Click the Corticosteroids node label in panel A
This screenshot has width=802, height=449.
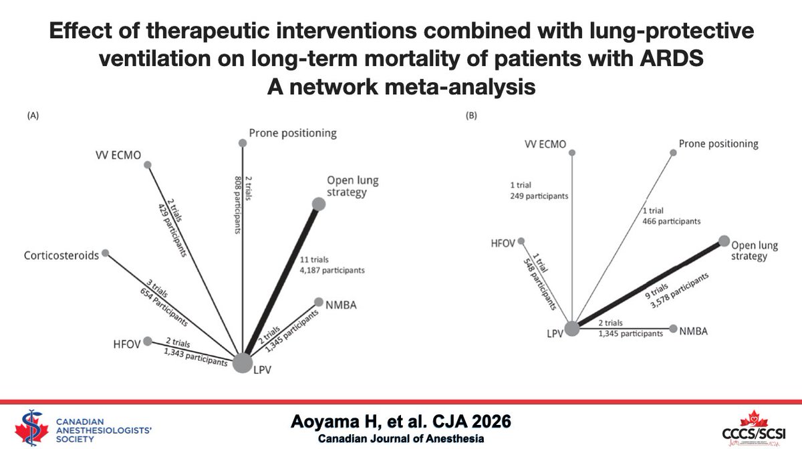[x=60, y=255]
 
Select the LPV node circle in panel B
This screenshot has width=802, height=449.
[x=572, y=329]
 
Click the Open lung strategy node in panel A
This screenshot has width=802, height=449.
[x=319, y=204]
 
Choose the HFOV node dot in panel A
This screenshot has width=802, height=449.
[x=148, y=340]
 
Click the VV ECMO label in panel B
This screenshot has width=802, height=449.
[x=545, y=144]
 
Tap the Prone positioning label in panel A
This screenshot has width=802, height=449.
[x=293, y=133]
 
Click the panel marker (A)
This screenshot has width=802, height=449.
[x=32, y=115]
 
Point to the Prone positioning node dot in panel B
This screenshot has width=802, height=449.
[x=673, y=153]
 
